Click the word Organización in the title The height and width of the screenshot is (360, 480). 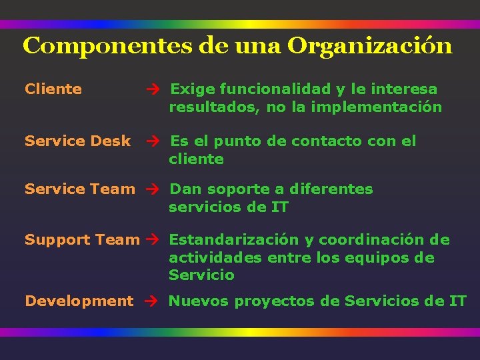point(371,47)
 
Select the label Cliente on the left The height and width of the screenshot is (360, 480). point(53,89)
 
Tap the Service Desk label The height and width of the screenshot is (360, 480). point(78,141)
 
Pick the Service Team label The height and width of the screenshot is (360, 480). point(79,189)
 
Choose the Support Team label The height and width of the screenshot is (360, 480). point(82,240)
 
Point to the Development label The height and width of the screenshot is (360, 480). point(79,301)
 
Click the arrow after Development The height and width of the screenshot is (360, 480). point(149,301)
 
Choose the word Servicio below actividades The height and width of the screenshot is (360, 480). point(201,275)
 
